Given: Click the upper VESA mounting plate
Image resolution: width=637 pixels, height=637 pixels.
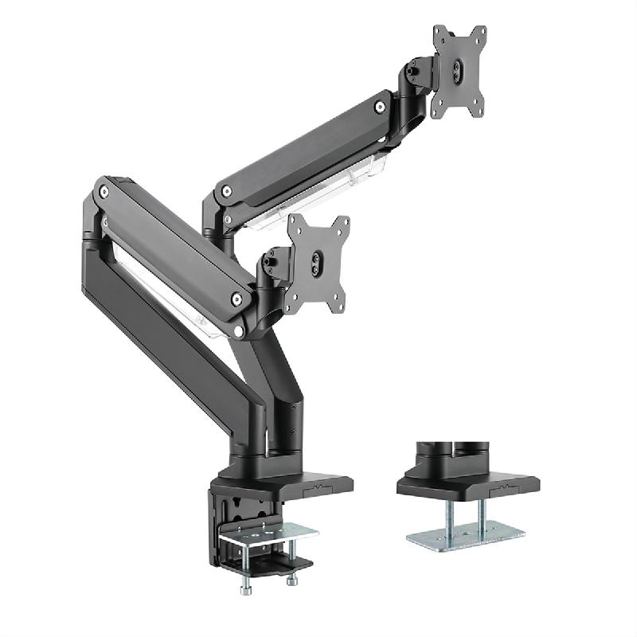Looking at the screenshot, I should pyautogui.click(x=459, y=72).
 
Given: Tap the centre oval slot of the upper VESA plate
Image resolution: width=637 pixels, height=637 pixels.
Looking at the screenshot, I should pyautogui.click(x=457, y=71).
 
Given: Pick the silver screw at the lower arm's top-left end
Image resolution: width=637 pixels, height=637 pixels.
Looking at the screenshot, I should pyautogui.click(x=103, y=191).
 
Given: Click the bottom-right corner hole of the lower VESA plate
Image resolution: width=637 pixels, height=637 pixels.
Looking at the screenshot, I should pyautogui.click(x=343, y=303).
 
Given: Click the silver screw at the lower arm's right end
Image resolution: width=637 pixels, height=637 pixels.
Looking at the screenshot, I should pyautogui.click(x=236, y=299).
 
